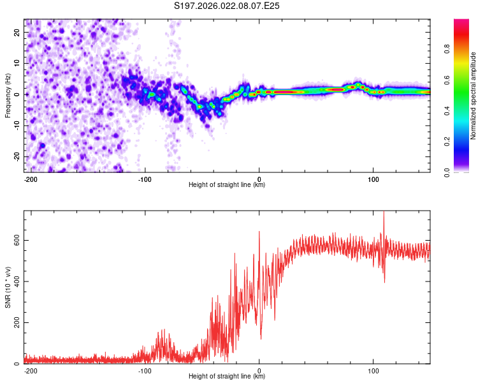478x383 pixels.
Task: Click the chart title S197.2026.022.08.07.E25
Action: click(x=228, y=6)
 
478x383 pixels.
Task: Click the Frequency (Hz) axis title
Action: click(x=8, y=95)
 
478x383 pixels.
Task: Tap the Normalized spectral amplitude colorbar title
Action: click(x=474, y=95)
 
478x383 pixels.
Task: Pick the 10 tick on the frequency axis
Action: click(x=18, y=63)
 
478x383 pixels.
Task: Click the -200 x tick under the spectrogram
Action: click(x=29, y=178)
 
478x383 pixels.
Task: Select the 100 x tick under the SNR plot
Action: click(x=373, y=370)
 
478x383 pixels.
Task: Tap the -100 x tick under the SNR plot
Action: click(x=144, y=370)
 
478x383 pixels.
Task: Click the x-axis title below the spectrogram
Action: click(x=227, y=185)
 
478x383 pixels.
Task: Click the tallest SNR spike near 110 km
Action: click(x=384, y=213)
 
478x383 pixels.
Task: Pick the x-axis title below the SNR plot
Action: click(x=227, y=377)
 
